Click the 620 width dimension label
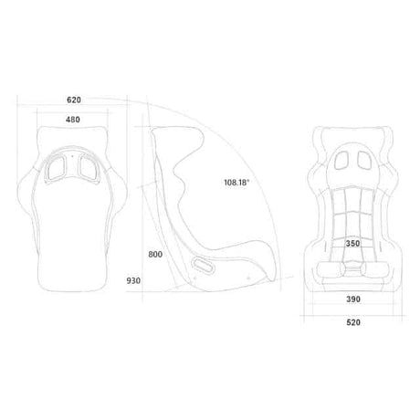(74, 100)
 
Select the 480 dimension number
(73, 120)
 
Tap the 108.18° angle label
(236, 183)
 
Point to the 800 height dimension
(155, 255)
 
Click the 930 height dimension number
(133, 280)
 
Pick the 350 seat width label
(352, 244)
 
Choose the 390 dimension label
(353, 299)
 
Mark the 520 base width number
(353, 322)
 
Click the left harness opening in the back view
(57, 168)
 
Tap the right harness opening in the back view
(89, 168)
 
